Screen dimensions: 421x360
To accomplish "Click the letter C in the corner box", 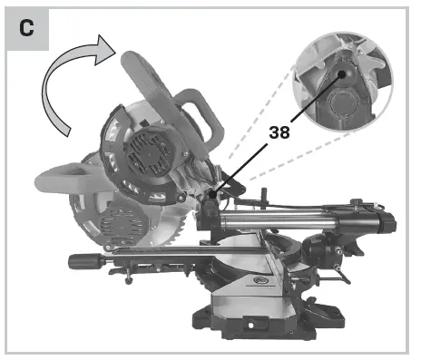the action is [27, 28].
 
